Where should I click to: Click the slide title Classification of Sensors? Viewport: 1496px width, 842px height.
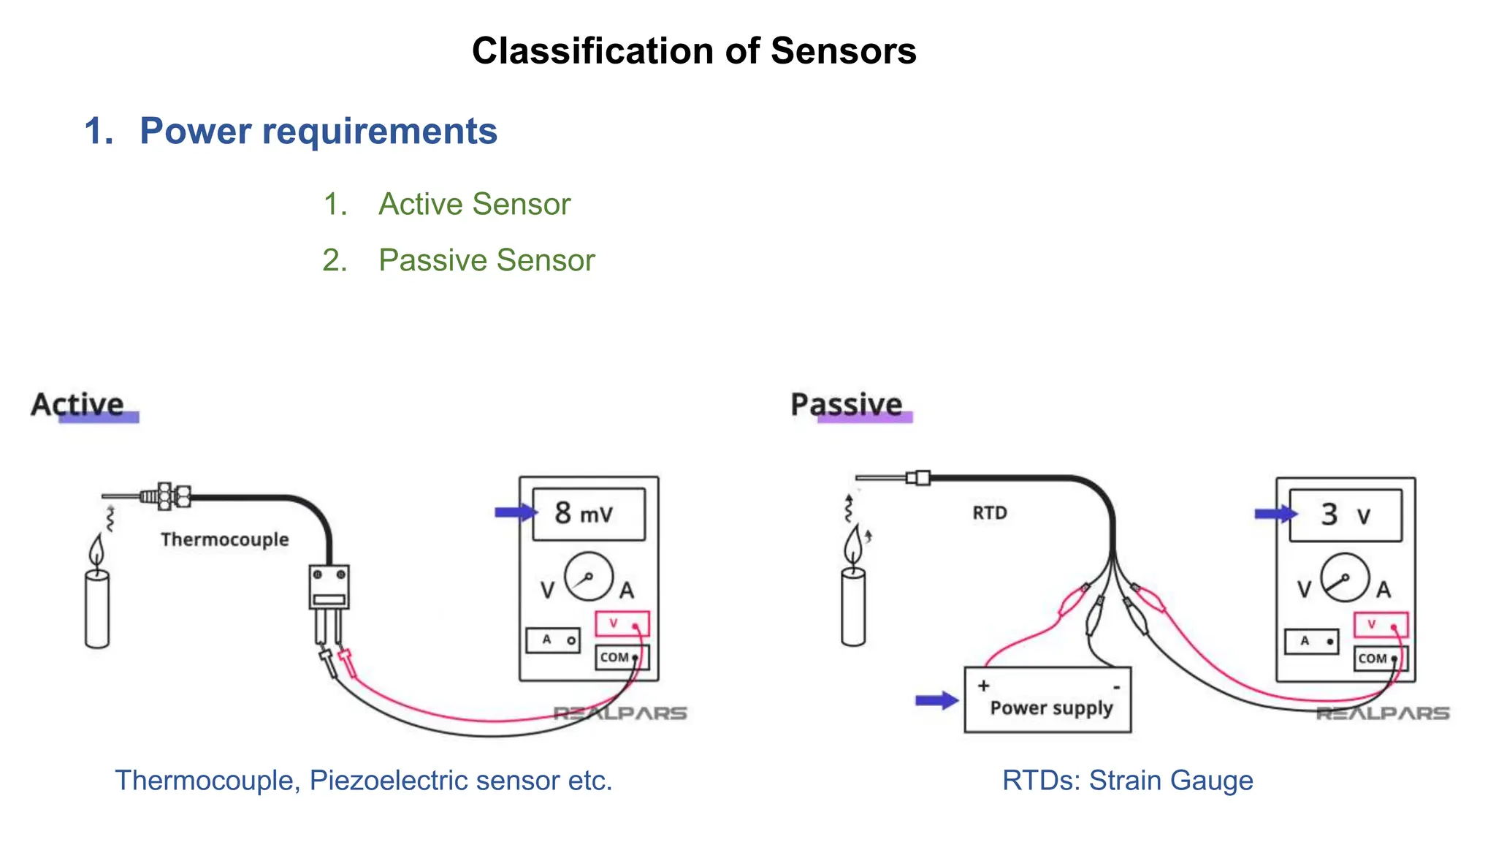pyautogui.click(x=693, y=51)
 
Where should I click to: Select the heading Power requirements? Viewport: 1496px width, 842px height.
pyautogui.click(x=318, y=132)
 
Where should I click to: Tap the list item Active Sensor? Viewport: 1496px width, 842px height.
pyautogui.click(x=473, y=204)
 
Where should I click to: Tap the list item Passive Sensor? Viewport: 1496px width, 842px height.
pyautogui.click(x=486, y=260)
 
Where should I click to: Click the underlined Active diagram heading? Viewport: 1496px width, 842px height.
pyautogui.click(x=78, y=405)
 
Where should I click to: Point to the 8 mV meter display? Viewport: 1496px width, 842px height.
pyautogui.click(x=589, y=514)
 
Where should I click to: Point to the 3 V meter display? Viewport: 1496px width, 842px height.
pyautogui.click(x=1345, y=515)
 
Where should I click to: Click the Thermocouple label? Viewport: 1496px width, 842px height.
pyautogui.click(x=224, y=539)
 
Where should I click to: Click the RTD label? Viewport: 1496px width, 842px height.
pyautogui.click(x=989, y=513)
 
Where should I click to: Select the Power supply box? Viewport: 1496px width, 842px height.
pyautogui.click(x=1047, y=699)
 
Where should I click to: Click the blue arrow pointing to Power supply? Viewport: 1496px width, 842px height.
pyautogui.click(x=936, y=700)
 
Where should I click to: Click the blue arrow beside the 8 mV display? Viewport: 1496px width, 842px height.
pyautogui.click(x=515, y=512)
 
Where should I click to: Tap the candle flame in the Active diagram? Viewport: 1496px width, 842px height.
pyautogui.click(x=96, y=550)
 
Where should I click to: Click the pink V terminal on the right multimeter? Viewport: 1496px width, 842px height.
pyautogui.click(x=1380, y=625)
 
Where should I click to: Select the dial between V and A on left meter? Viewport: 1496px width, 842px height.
pyautogui.click(x=588, y=577)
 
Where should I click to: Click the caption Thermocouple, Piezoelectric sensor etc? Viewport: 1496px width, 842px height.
pyautogui.click(x=363, y=781)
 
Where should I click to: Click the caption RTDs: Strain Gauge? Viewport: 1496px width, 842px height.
pyautogui.click(x=1127, y=781)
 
